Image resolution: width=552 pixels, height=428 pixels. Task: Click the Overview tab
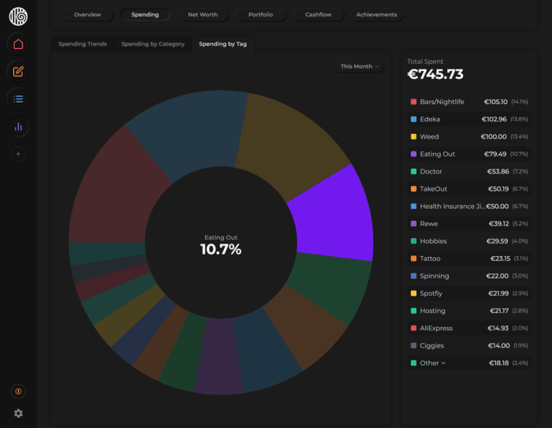click(x=88, y=15)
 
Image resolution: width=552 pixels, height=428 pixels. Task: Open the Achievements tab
click(x=376, y=15)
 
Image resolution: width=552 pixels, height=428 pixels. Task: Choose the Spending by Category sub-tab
click(x=153, y=44)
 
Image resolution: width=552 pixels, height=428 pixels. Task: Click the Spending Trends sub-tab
click(x=83, y=44)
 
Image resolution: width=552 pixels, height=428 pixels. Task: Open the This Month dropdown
click(x=360, y=67)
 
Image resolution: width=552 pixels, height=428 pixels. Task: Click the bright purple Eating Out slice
click(x=331, y=213)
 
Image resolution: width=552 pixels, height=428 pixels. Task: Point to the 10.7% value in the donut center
click(x=221, y=250)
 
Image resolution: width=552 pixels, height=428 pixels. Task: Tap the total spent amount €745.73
click(x=435, y=75)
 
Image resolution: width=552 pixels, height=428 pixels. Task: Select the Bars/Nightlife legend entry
click(x=442, y=102)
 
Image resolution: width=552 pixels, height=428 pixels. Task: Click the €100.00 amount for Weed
click(x=494, y=136)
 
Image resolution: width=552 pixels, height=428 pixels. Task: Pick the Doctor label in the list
click(x=431, y=171)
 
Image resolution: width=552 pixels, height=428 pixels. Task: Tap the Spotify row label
click(x=432, y=293)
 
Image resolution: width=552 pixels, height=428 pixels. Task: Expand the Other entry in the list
click(x=432, y=363)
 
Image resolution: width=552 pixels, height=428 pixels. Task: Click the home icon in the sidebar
click(x=18, y=44)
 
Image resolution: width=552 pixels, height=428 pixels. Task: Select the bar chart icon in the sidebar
click(x=18, y=127)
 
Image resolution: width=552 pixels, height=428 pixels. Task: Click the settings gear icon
click(x=18, y=413)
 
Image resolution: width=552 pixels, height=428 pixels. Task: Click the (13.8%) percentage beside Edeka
click(x=519, y=119)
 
